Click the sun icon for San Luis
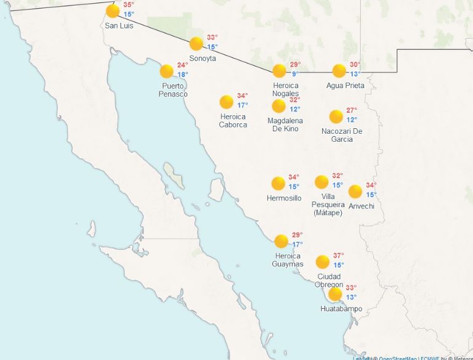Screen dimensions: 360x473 113,11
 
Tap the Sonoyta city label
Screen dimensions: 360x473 203,58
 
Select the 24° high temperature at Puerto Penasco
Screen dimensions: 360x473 182,65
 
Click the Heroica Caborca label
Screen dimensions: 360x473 233,121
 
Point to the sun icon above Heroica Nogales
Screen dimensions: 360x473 280,71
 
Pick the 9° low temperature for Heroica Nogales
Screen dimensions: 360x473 295,74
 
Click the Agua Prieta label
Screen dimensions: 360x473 345,86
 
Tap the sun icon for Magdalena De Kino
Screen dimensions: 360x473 279,106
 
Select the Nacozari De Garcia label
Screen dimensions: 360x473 342,135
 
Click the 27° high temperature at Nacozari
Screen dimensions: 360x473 351,110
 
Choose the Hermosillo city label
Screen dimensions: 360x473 284,198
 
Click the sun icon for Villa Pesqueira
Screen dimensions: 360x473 321,182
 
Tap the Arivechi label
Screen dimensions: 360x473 361,206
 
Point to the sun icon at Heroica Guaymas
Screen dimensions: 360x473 281,241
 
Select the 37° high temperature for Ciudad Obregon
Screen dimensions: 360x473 338,256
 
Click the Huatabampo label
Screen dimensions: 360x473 341,309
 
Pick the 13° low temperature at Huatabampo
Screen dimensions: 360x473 351,297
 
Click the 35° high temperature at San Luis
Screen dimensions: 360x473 128,5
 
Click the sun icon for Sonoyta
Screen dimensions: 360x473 196,44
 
